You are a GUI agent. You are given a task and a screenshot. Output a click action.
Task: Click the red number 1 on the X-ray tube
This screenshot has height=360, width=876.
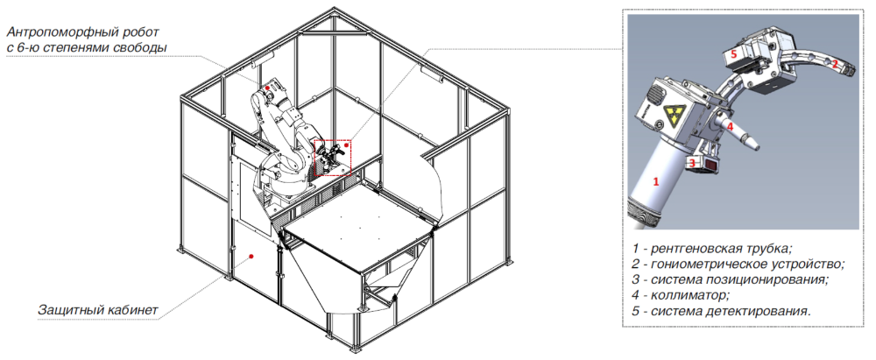pos(656,181)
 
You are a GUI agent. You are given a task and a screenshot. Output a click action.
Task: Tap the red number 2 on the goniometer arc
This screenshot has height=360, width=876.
pos(835,64)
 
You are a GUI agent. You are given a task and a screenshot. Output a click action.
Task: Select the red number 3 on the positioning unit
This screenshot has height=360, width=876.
pos(692,164)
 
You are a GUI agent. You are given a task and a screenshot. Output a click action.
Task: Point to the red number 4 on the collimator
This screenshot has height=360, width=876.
pos(730,126)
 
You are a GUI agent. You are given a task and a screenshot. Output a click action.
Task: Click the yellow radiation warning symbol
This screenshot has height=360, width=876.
pos(672,117)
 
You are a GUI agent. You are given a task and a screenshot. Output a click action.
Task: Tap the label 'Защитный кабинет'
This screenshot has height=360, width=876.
pos(98,309)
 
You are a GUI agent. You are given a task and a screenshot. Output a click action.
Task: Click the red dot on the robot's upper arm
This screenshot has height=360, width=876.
pos(267,88)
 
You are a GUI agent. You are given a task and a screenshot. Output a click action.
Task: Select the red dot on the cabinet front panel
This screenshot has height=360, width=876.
pos(251,256)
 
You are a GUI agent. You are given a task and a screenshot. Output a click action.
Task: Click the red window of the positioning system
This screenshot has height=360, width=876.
pos(711,166)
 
